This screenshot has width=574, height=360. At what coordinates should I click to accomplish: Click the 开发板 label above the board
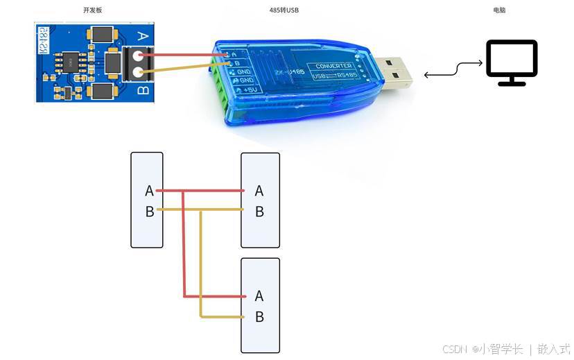92,10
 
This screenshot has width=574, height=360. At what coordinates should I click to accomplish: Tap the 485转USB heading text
284,10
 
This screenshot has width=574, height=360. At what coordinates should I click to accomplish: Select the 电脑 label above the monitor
499,10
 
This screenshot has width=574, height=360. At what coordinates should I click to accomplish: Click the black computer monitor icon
512,62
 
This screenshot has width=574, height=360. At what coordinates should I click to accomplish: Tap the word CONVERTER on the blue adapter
334,66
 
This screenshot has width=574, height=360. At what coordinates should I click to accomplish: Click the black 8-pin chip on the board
71,62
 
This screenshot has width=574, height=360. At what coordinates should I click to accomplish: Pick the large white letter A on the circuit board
143,36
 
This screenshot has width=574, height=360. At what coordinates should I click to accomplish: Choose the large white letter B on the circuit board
143,90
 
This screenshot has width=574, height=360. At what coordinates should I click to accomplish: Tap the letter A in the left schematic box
149,191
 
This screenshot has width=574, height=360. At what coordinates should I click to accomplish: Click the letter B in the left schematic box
149,212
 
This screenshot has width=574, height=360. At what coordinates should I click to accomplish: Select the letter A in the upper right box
259,191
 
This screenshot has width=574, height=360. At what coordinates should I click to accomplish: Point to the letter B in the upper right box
259,212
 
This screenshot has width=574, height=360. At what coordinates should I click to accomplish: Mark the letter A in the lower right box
259,296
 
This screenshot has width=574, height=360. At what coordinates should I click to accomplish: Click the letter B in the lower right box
259,317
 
